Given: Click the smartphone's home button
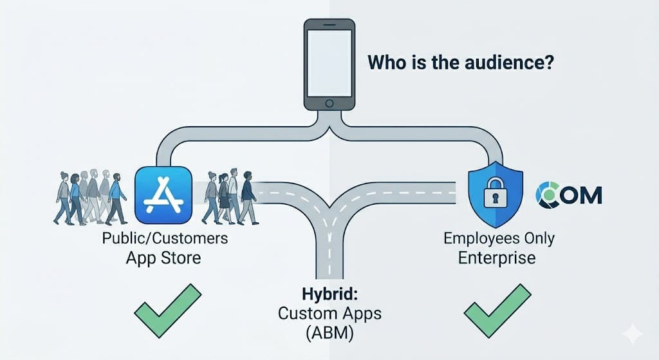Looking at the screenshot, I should [x=329, y=103].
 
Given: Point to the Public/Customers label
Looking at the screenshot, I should [x=164, y=238].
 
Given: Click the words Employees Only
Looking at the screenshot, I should [x=499, y=238].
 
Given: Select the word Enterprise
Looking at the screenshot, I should [x=496, y=258].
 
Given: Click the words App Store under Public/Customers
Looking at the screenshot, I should [x=163, y=258].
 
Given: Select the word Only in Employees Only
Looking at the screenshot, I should [x=537, y=238].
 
